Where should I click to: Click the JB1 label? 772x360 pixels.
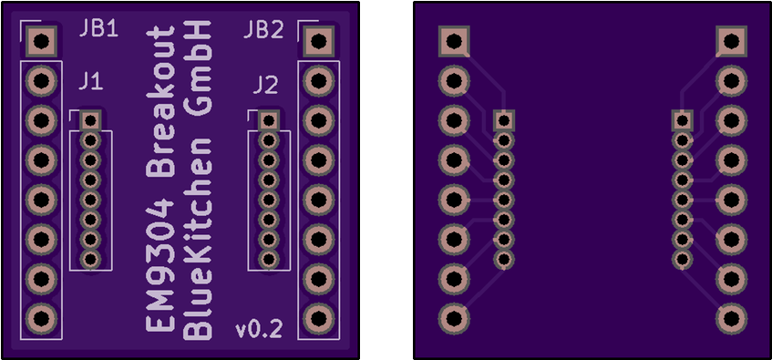click(98, 29)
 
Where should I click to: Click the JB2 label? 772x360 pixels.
click(263, 30)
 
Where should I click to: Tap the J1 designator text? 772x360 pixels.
click(90, 83)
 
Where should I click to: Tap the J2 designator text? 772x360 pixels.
click(264, 86)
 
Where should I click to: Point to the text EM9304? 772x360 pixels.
click(161, 261)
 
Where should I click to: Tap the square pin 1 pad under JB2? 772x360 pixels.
click(317, 40)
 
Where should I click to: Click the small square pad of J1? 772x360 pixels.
click(89, 119)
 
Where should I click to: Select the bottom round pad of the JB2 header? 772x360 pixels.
click(317, 318)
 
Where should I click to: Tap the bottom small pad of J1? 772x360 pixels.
click(89, 260)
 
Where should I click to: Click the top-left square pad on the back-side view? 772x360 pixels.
click(453, 40)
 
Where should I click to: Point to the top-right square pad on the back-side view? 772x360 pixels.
click(730, 40)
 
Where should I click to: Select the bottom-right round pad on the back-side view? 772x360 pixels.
click(730, 318)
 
